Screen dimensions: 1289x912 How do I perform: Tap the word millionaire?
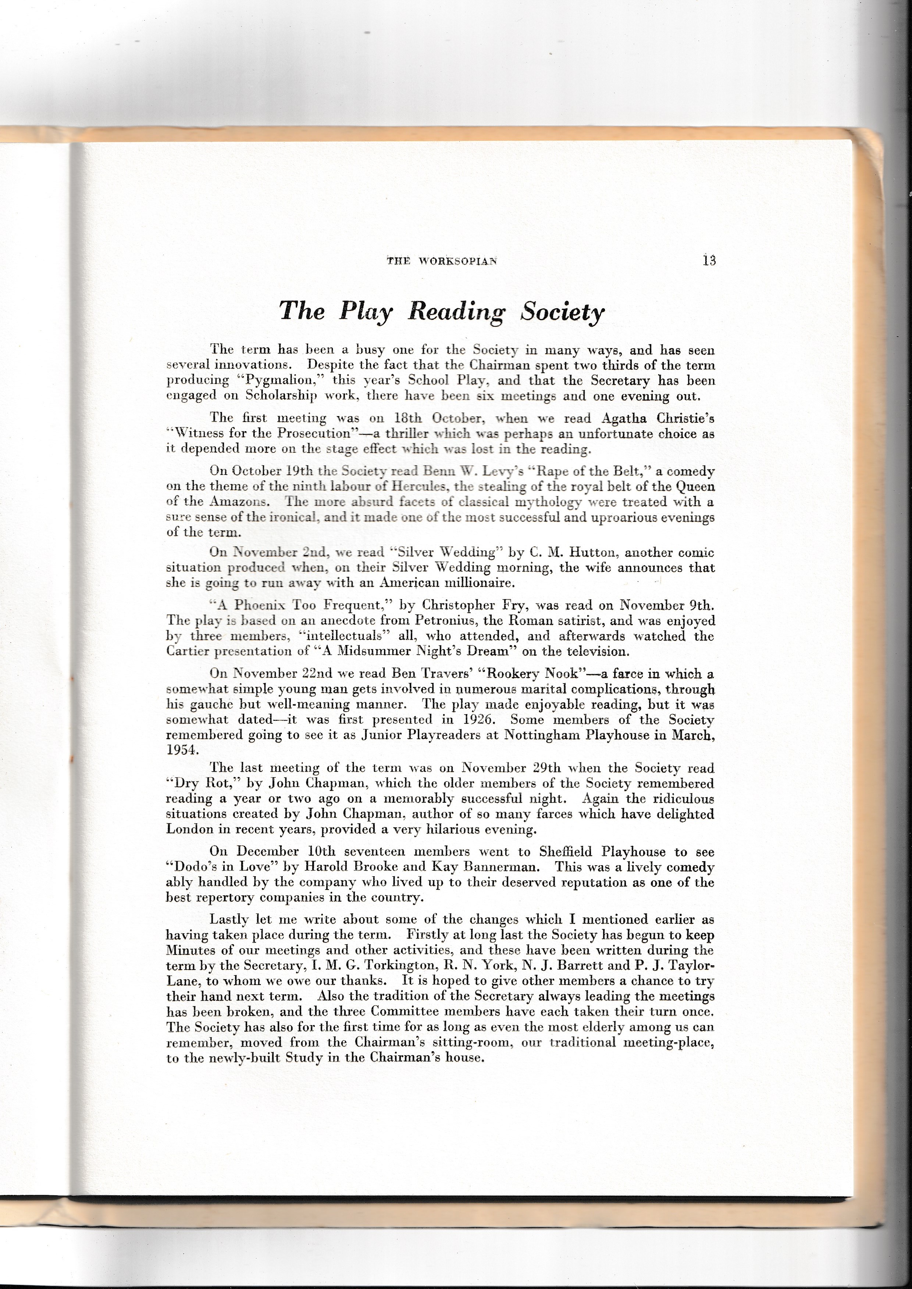(477, 583)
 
